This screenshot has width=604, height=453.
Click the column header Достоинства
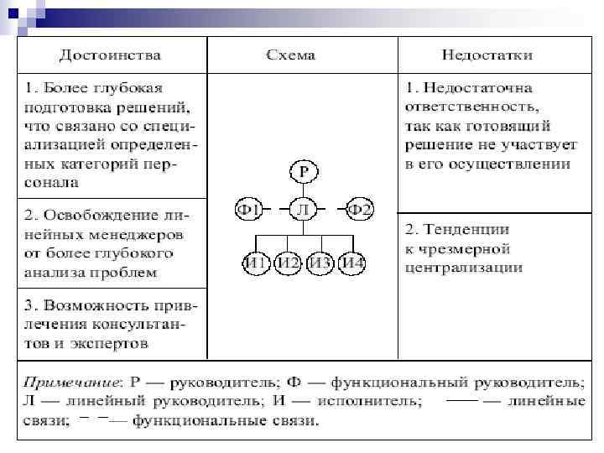pyautogui.click(x=110, y=55)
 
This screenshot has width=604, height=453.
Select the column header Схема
pyautogui.click(x=290, y=55)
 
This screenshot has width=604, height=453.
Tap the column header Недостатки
pyautogui.click(x=487, y=55)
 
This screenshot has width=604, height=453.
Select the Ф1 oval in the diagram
pyautogui.click(x=250, y=209)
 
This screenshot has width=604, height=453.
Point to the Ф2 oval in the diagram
pyautogui.click(x=359, y=209)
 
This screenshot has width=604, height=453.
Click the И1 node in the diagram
pyautogui.click(x=256, y=263)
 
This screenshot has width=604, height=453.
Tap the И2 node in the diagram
pyautogui.click(x=289, y=263)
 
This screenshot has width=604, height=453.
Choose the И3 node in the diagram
pyautogui.click(x=320, y=263)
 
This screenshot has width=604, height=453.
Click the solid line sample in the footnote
pyautogui.click(x=462, y=400)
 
